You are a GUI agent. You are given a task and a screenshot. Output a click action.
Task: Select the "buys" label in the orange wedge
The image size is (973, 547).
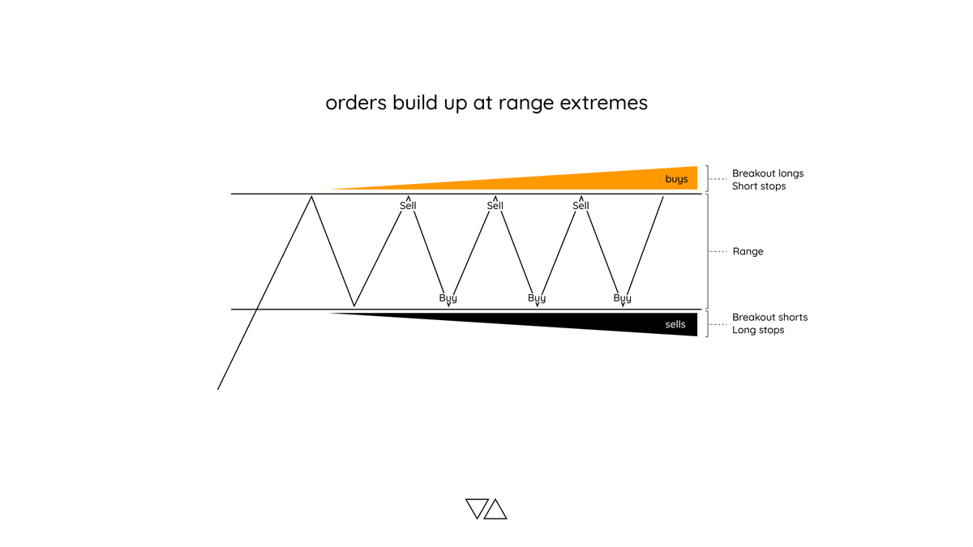tap(676, 179)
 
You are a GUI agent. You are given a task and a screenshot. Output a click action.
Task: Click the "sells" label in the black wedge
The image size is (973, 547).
tap(675, 324)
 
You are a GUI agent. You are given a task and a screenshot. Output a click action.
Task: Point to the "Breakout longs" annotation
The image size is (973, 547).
tap(768, 173)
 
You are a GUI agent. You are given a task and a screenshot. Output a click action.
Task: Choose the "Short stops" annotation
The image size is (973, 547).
tap(759, 186)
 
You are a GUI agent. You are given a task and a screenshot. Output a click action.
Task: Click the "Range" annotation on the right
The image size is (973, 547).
tap(748, 251)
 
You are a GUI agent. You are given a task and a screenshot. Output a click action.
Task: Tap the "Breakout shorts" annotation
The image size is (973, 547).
tap(769, 317)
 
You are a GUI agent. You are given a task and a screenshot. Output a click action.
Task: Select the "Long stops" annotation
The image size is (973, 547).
tap(758, 330)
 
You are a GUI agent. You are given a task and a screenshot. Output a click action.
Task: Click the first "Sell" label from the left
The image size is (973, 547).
tap(408, 206)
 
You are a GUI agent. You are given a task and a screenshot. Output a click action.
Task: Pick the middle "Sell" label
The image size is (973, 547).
tap(495, 206)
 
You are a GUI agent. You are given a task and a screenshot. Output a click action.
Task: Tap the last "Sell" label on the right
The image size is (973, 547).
tap(581, 206)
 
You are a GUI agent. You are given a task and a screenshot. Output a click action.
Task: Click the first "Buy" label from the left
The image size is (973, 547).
tap(448, 298)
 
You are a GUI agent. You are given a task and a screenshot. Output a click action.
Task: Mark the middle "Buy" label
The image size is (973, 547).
tap(537, 298)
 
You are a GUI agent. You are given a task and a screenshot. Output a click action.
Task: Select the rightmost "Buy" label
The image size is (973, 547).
tap(622, 298)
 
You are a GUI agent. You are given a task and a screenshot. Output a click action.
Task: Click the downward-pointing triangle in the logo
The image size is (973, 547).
tap(476, 507)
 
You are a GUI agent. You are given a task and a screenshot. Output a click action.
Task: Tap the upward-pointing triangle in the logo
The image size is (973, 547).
tap(495, 510)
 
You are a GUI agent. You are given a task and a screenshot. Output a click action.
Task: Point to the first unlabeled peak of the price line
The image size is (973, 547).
tap(311, 197)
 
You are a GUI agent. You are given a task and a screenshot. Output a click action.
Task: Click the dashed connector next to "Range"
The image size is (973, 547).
tap(718, 251)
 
